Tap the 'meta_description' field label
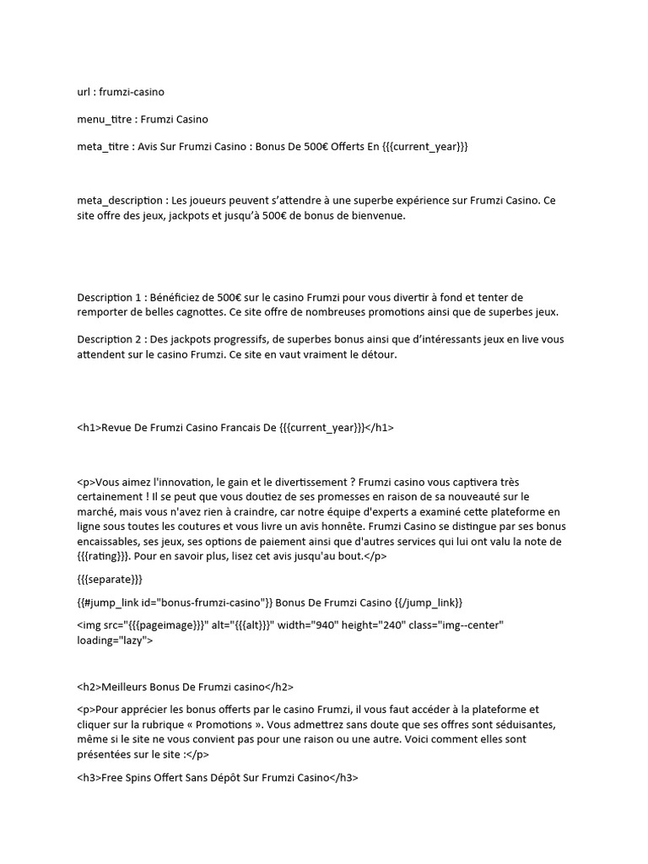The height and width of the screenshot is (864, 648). coord(119,201)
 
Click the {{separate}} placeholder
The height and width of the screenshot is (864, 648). coord(110,580)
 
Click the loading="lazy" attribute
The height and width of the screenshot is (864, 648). coord(115,641)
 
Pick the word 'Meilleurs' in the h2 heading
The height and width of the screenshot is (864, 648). coord(125,687)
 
